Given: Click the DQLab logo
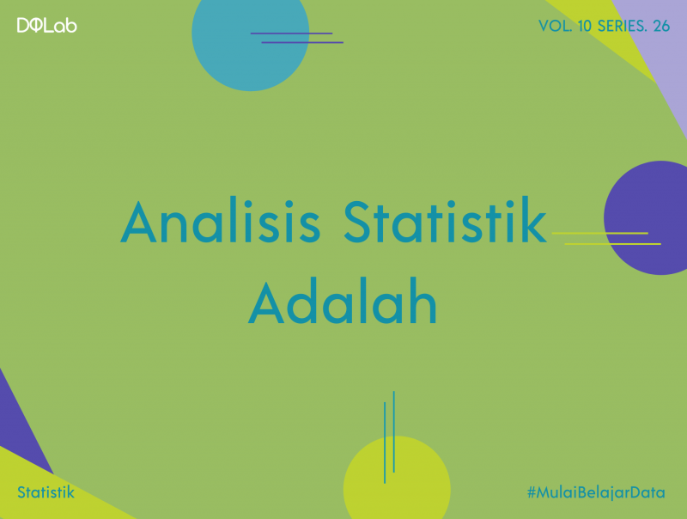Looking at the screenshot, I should [46, 26].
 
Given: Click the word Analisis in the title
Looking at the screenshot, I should [221, 223].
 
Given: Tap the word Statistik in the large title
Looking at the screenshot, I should [445, 223].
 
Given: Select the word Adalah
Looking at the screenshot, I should [343, 302].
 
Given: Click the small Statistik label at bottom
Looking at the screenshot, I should [46, 493].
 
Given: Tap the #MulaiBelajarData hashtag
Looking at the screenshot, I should [596, 493].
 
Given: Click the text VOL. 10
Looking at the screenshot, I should [566, 26].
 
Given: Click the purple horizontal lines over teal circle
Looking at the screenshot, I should [296, 38].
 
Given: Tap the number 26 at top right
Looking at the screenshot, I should [660, 26].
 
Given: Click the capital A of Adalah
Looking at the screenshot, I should [267, 302].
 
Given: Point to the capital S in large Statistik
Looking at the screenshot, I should [362, 223].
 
